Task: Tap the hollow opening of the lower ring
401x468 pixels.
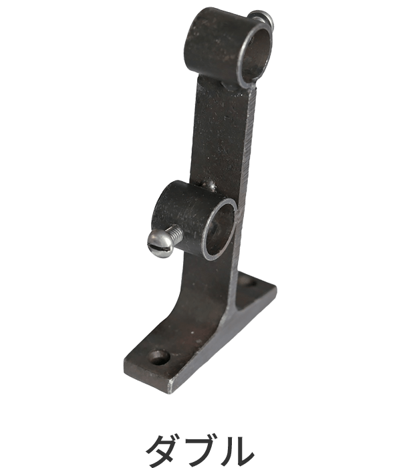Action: (221, 229)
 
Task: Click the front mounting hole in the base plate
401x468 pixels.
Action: (159, 357)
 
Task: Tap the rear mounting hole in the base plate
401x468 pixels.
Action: (250, 282)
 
